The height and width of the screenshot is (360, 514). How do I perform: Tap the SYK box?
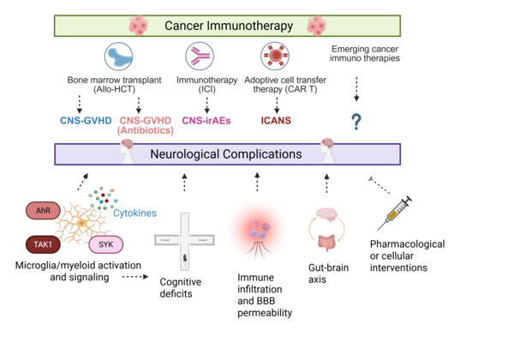[x=106, y=245]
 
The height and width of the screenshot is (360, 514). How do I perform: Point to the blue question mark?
[x=356, y=121]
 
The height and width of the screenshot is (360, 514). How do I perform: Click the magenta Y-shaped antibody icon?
[x=200, y=57]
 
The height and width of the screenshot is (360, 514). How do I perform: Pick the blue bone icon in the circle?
[x=118, y=57]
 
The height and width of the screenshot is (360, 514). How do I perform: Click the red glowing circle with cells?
[x=256, y=229]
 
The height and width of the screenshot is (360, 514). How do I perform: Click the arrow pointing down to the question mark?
[x=356, y=89]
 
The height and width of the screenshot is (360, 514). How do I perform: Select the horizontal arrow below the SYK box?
[x=135, y=277]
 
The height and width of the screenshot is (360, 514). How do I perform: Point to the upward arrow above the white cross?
[x=184, y=182]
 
